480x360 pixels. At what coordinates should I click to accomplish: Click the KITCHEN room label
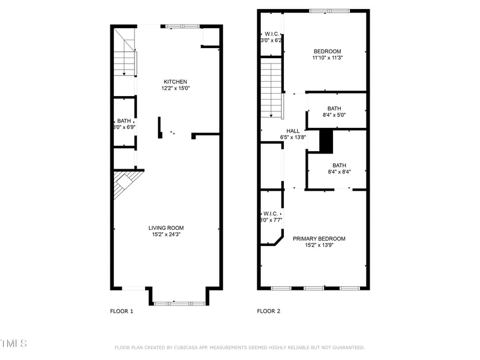click(x=176, y=82)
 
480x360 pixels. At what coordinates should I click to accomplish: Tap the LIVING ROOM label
click(x=166, y=227)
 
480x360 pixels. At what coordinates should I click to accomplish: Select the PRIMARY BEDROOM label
click(x=319, y=238)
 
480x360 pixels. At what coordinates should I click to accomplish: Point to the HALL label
click(x=293, y=130)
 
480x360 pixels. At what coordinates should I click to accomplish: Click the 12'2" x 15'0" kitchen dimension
click(x=176, y=88)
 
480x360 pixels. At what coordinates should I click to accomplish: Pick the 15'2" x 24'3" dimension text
click(x=166, y=234)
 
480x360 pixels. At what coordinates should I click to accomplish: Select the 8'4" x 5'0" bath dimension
click(x=334, y=115)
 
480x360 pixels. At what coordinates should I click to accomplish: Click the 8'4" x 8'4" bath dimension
click(x=339, y=172)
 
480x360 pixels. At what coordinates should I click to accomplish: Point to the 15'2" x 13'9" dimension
click(x=319, y=245)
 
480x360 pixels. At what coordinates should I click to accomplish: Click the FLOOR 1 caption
click(x=122, y=311)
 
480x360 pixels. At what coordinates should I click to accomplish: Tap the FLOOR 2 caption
click(x=268, y=311)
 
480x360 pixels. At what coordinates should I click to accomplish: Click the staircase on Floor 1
click(x=125, y=57)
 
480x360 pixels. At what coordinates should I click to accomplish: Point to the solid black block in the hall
click(x=326, y=142)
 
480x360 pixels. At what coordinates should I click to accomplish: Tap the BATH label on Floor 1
click(x=124, y=121)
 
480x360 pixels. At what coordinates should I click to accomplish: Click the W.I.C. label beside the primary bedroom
click(x=270, y=214)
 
